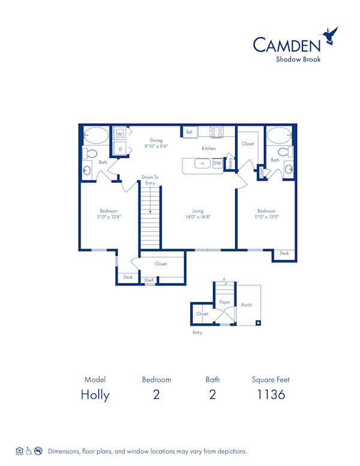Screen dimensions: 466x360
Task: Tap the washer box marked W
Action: tap(120, 133)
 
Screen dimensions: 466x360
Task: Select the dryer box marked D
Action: tap(120, 148)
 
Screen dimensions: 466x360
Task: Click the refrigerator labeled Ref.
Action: tap(189, 132)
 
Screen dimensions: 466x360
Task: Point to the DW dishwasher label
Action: tap(217, 163)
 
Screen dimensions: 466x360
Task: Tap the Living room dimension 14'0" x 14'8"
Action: tap(198, 217)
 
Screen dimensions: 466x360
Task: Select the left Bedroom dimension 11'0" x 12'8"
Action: tap(109, 217)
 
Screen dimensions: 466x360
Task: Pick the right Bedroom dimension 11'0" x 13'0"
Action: tap(266, 217)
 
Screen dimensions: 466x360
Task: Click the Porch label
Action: tap(247, 304)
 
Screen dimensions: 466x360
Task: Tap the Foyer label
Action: tap(225, 302)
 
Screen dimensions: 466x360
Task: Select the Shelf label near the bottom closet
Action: tap(149, 280)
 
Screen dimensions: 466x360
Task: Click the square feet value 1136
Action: tap(271, 395)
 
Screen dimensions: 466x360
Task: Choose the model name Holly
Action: tap(95, 395)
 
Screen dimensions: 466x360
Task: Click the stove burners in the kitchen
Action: tap(216, 132)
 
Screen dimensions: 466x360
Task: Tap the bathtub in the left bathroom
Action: tap(95, 135)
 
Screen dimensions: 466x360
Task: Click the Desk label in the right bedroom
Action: tap(284, 253)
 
